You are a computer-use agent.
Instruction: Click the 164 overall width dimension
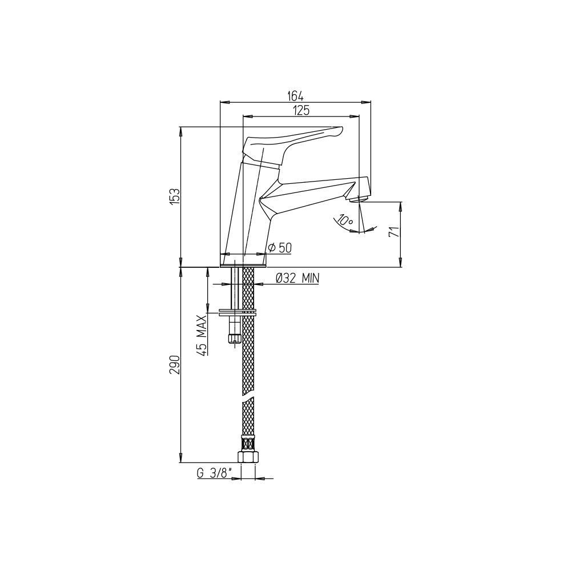pyautogui.click(x=295, y=96)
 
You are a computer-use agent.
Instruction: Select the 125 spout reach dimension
pyautogui.click(x=301, y=110)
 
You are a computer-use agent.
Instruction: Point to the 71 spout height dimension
pyautogui.click(x=395, y=232)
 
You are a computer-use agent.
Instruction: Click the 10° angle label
pyautogui.click(x=345, y=220)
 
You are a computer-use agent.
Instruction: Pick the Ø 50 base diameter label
pyautogui.click(x=280, y=248)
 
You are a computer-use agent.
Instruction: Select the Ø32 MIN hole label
pyautogui.click(x=297, y=279)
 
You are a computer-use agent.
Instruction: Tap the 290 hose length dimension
pyautogui.click(x=175, y=365)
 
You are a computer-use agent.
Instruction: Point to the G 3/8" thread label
pyautogui.click(x=215, y=473)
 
